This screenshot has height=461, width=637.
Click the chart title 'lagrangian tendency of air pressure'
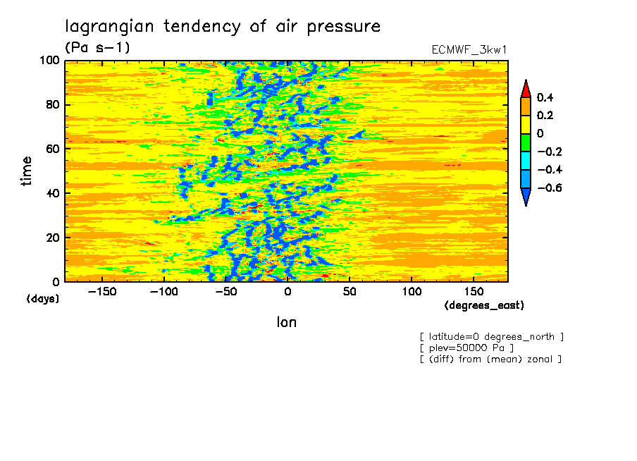click(x=223, y=27)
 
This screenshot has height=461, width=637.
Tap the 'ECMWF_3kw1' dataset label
click(x=469, y=49)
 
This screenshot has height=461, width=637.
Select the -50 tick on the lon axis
click(x=225, y=291)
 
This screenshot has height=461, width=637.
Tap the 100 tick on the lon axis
click(x=412, y=291)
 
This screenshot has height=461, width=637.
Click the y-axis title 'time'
click(x=27, y=171)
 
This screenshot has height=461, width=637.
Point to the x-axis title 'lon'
click(x=286, y=322)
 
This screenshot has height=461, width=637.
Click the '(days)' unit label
click(x=43, y=298)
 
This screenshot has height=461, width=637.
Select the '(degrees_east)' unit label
click(x=484, y=305)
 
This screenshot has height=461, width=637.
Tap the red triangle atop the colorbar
click(x=525, y=88)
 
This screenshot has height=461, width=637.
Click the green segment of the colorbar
click(x=525, y=142)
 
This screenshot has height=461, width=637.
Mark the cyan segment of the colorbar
click(x=525, y=161)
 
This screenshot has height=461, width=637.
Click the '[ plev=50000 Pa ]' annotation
click(x=466, y=348)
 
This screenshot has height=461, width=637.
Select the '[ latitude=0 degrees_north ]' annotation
click(x=492, y=336)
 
